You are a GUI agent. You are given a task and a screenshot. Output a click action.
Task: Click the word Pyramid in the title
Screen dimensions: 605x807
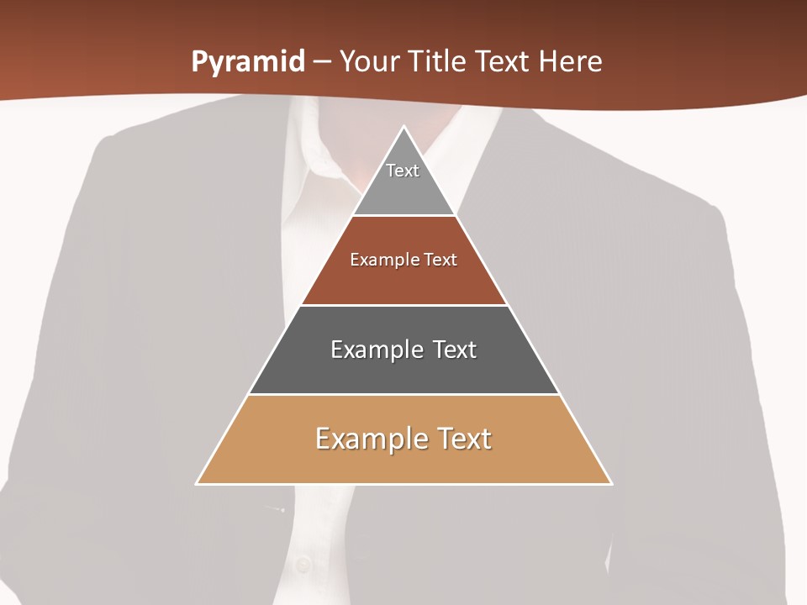pyautogui.click(x=248, y=62)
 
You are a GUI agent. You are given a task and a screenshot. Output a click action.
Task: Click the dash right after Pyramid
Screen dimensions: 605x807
pyautogui.click(x=322, y=62)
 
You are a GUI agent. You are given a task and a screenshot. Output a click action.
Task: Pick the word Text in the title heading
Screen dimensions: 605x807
pyautogui.click(x=504, y=61)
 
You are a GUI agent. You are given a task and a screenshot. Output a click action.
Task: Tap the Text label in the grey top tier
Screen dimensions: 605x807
pyautogui.click(x=403, y=171)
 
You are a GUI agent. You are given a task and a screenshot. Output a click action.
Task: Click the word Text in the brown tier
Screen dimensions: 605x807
pyautogui.click(x=440, y=260)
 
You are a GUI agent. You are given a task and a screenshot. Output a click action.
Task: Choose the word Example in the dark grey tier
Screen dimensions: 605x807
pyautogui.click(x=374, y=350)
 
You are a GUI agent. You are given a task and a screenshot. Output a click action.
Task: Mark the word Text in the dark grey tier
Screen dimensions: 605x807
pyautogui.click(x=455, y=350)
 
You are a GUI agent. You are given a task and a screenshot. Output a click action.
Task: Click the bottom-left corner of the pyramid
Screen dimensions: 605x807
pyautogui.click(x=198, y=483)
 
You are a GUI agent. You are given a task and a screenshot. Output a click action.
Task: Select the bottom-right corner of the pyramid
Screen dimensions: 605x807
pyautogui.click(x=610, y=483)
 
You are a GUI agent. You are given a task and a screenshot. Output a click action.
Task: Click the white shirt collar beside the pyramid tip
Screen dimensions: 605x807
pyautogui.click(x=324, y=160)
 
